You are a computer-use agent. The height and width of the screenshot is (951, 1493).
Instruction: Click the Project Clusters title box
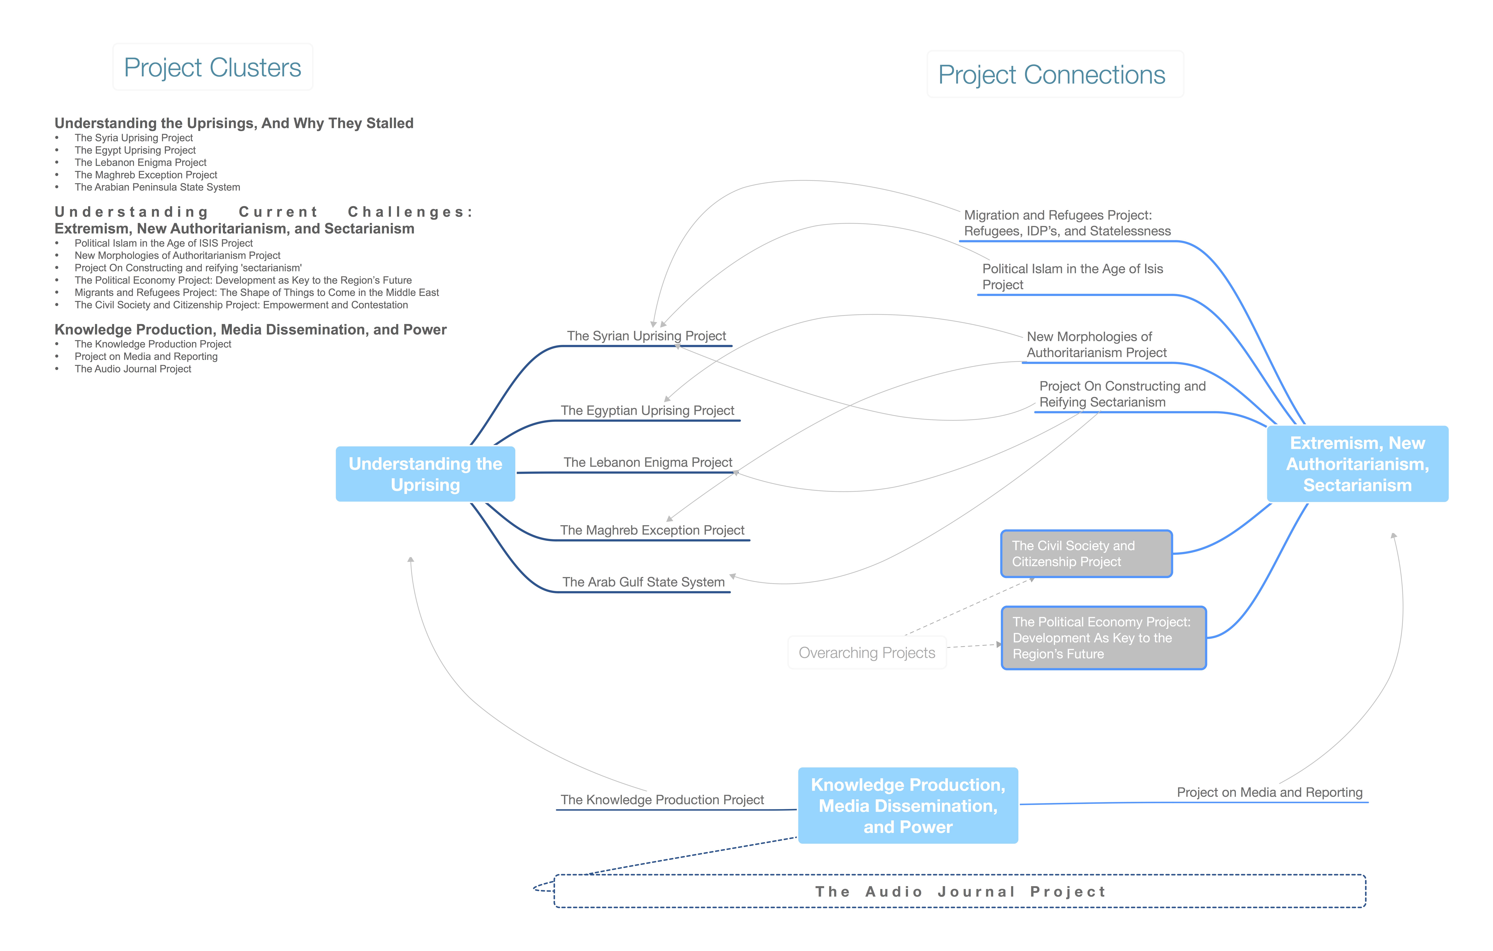[x=213, y=67]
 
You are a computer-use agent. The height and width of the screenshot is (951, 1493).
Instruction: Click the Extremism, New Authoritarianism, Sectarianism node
[x=1357, y=464]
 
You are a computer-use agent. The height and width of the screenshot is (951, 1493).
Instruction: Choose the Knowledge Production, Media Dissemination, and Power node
[x=908, y=805]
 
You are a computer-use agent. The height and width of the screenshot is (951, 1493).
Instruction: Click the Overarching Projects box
[x=867, y=653]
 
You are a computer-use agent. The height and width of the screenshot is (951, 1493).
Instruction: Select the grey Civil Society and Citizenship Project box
[x=1086, y=554]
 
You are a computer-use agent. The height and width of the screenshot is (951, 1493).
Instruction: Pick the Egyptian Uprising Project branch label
[x=647, y=410]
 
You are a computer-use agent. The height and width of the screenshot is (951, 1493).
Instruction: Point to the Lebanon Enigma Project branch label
[x=648, y=462]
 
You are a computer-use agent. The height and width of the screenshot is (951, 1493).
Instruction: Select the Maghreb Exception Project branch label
[x=652, y=530]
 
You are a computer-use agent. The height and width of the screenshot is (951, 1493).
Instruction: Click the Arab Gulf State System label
[x=644, y=582]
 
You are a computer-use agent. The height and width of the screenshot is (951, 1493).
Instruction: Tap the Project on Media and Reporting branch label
[x=1270, y=792]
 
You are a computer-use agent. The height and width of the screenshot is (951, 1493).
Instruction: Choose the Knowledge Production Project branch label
[x=662, y=800]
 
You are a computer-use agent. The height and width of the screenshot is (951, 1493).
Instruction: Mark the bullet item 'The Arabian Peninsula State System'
[x=158, y=187]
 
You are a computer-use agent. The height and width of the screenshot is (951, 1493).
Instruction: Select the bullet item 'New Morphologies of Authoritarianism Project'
[x=177, y=255]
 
